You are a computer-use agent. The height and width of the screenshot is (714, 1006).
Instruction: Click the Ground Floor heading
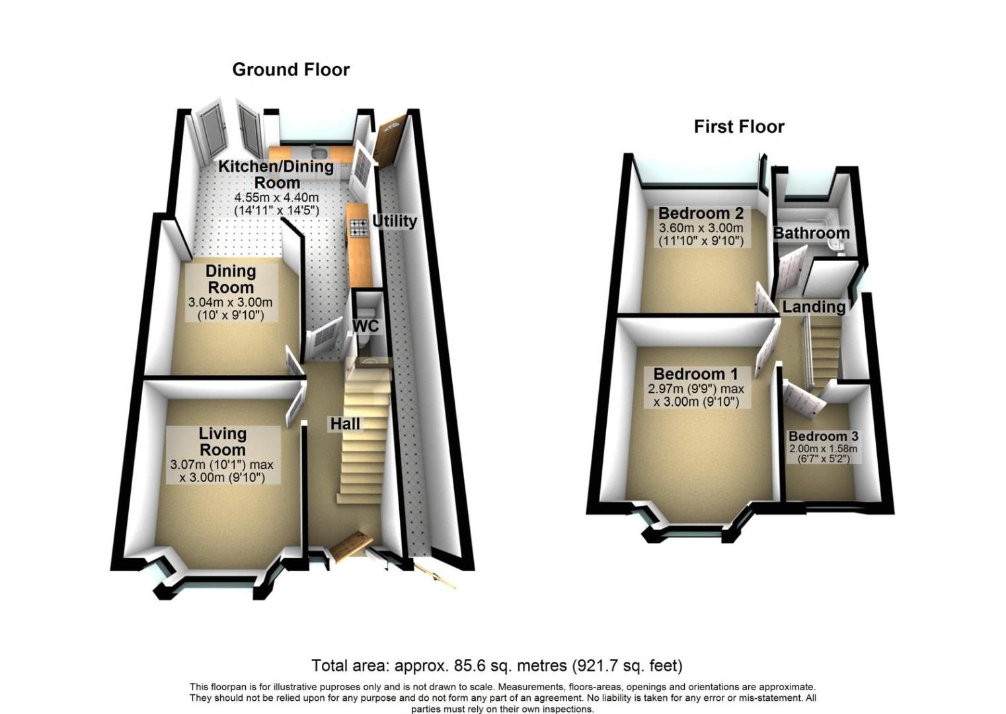click(x=291, y=69)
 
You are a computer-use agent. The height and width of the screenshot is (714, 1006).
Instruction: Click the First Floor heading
click(x=739, y=126)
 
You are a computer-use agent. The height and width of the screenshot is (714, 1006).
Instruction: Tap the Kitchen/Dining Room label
click(x=276, y=174)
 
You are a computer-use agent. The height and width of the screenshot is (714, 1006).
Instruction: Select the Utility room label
click(x=394, y=221)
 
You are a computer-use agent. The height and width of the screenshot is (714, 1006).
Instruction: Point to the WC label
click(x=366, y=326)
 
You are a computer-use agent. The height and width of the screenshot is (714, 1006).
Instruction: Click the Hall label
click(x=345, y=424)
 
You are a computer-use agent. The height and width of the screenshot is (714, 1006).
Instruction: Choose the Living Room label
click(x=223, y=442)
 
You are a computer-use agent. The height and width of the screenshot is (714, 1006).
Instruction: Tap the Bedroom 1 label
click(x=695, y=374)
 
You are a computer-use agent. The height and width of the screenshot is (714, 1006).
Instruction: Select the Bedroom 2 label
click(x=701, y=213)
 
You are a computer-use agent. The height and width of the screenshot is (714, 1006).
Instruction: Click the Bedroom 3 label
click(x=823, y=436)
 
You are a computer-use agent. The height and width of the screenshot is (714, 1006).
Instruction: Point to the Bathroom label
click(x=811, y=233)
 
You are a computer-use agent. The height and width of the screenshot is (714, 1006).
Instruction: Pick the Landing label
click(x=814, y=307)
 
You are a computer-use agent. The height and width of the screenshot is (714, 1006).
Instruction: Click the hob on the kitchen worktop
click(x=358, y=228)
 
